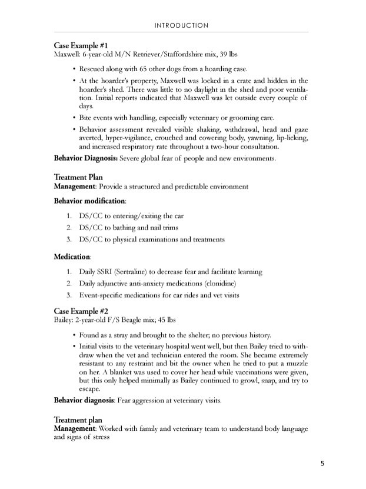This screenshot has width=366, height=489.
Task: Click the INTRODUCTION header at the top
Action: (181, 25)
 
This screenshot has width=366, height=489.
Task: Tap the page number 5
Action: (323, 463)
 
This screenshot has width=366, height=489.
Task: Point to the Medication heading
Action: (72, 257)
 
